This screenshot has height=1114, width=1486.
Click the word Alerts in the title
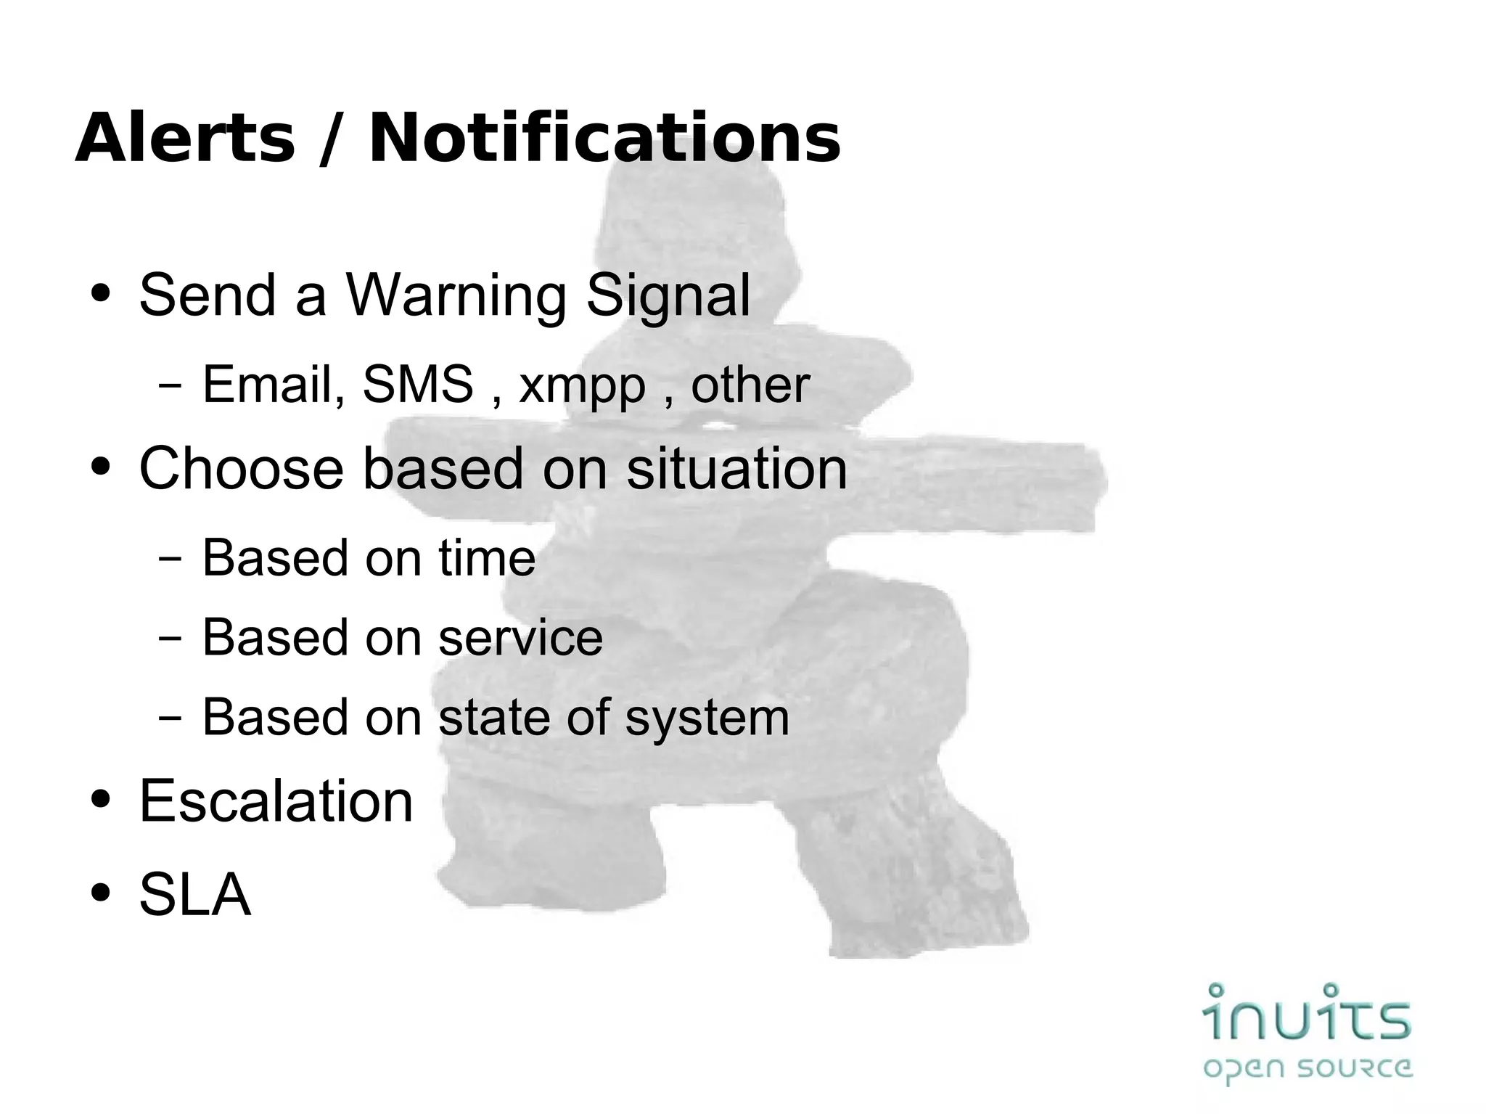pos(185,139)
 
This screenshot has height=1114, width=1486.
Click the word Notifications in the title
pos(604,139)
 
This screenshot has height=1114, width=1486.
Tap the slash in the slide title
pos(330,140)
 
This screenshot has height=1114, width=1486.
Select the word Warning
pos(456,295)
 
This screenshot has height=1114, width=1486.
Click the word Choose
pos(241,468)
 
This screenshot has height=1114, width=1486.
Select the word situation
pos(736,468)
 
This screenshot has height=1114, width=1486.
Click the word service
pos(520,637)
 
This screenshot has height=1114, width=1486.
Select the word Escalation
pos(276,800)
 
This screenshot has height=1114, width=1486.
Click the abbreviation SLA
pos(194,894)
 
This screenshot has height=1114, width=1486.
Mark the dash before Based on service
pos(169,639)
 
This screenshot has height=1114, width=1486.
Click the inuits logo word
pos(1307,1012)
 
